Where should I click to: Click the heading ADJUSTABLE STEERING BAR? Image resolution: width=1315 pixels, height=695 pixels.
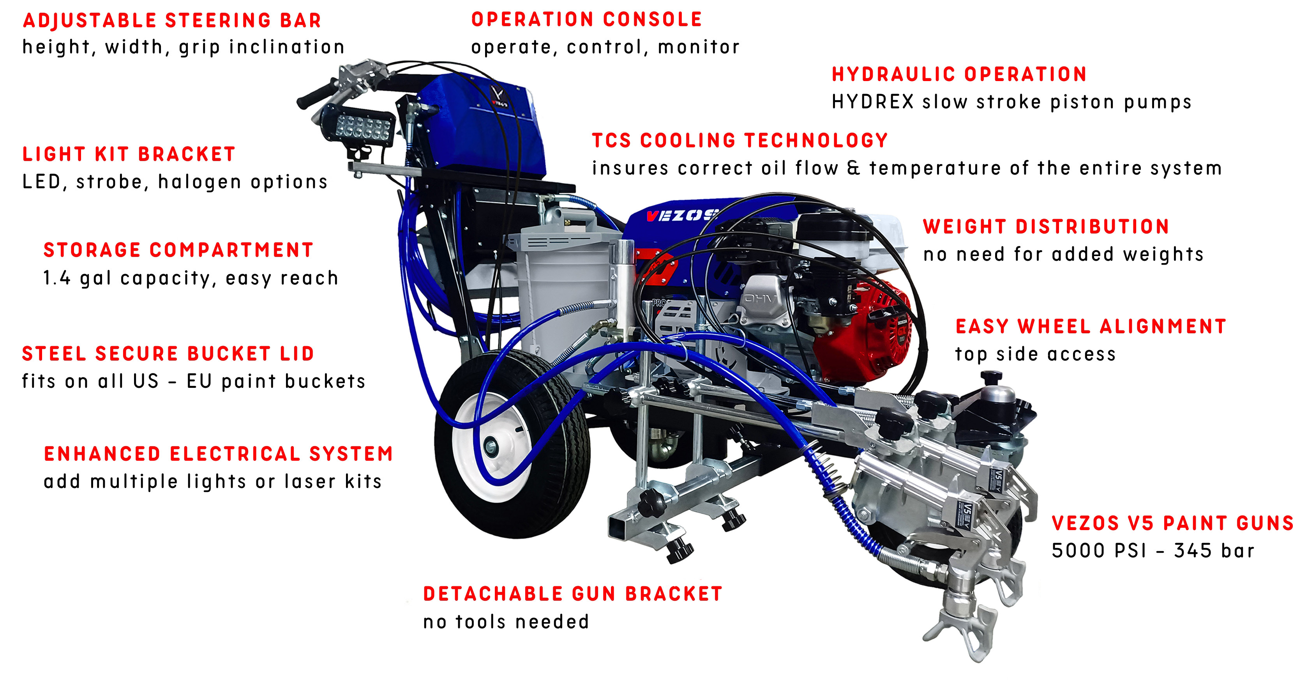172,20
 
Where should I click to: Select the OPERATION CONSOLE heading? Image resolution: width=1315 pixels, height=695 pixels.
586,19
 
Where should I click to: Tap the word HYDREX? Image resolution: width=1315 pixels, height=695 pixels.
872,102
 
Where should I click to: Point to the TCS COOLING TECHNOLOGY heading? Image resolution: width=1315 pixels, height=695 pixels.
740,140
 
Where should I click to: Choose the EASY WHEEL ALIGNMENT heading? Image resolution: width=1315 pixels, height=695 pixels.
1091,326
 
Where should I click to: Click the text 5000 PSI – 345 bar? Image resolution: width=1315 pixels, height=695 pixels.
1153,550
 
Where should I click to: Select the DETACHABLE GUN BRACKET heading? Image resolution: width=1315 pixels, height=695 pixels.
573,594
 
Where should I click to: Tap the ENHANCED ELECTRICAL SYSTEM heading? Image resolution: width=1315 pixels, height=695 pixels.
219,453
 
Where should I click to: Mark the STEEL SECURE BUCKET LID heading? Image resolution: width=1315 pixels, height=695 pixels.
168,354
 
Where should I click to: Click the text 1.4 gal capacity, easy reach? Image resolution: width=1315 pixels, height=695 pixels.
191,278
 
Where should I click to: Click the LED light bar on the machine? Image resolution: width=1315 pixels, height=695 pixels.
358,125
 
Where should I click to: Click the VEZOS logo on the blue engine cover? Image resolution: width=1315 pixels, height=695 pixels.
681,216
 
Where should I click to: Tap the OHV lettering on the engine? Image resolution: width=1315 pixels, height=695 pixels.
761,298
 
